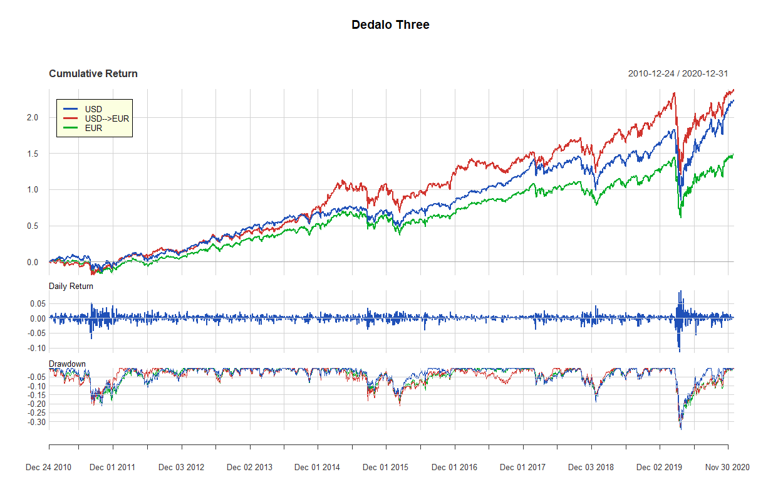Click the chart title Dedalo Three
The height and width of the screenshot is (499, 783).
(390, 25)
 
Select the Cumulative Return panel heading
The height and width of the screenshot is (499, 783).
(93, 74)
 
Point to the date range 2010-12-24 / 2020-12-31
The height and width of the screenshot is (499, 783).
(678, 74)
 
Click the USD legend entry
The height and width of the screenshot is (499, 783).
(93, 110)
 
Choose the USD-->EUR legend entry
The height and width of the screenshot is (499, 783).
(106, 119)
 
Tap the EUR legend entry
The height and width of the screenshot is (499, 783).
(93, 128)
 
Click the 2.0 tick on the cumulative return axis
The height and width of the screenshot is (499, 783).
(33, 118)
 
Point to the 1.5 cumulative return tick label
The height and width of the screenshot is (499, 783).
(33, 154)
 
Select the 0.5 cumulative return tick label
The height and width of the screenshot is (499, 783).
(33, 226)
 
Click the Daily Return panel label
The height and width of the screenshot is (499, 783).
(71, 286)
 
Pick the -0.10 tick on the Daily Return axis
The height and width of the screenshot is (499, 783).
(30, 348)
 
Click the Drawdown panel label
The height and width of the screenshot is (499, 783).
(67, 364)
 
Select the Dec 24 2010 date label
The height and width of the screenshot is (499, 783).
(48, 468)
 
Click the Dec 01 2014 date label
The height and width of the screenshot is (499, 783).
(317, 468)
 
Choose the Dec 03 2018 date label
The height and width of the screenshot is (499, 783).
(591, 468)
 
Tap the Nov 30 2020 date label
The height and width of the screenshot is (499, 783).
(727, 468)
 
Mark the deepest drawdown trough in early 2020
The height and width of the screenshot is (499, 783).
(680, 429)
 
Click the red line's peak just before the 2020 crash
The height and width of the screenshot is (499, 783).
(674, 93)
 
